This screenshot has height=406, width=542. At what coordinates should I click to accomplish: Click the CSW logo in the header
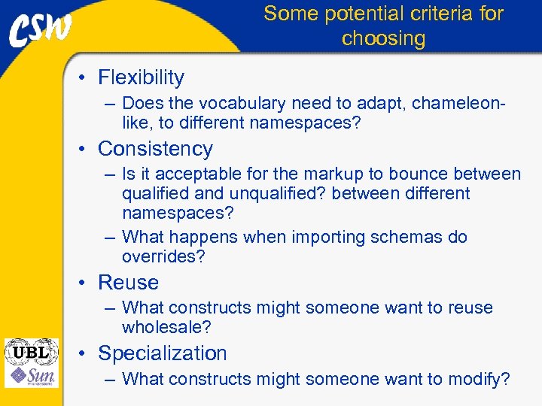pyautogui.click(x=41, y=29)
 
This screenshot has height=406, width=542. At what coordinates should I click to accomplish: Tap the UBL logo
pyautogui.click(x=31, y=352)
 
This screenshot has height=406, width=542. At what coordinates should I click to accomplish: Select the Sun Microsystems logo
pyautogui.click(x=31, y=376)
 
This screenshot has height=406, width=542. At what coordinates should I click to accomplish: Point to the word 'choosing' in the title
pyautogui.click(x=383, y=38)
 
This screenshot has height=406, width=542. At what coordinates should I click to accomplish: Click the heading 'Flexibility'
pyautogui.click(x=141, y=77)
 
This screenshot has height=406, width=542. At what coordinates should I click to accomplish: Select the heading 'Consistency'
pyautogui.click(x=155, y=149)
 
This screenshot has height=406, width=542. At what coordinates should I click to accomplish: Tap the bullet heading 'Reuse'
pyautogui.click(x=128, y=283)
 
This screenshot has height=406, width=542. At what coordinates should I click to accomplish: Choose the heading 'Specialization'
pyautogui.click(x=162, y=353)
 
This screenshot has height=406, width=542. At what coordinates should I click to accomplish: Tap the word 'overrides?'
pyautogui.click(x=163, y=257)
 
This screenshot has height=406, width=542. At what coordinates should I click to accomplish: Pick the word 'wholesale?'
pyautogui.click(x=166, y=328)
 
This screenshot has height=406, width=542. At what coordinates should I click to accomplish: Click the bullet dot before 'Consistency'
pyautogui.click(x=87, y=150)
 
